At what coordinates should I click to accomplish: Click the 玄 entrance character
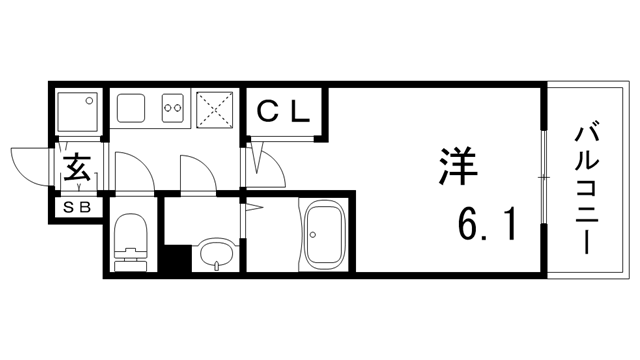click(78, 169)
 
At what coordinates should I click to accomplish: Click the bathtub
click(322, 236)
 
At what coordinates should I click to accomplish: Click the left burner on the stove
click(166, 103)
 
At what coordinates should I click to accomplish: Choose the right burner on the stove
click(180, 103)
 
